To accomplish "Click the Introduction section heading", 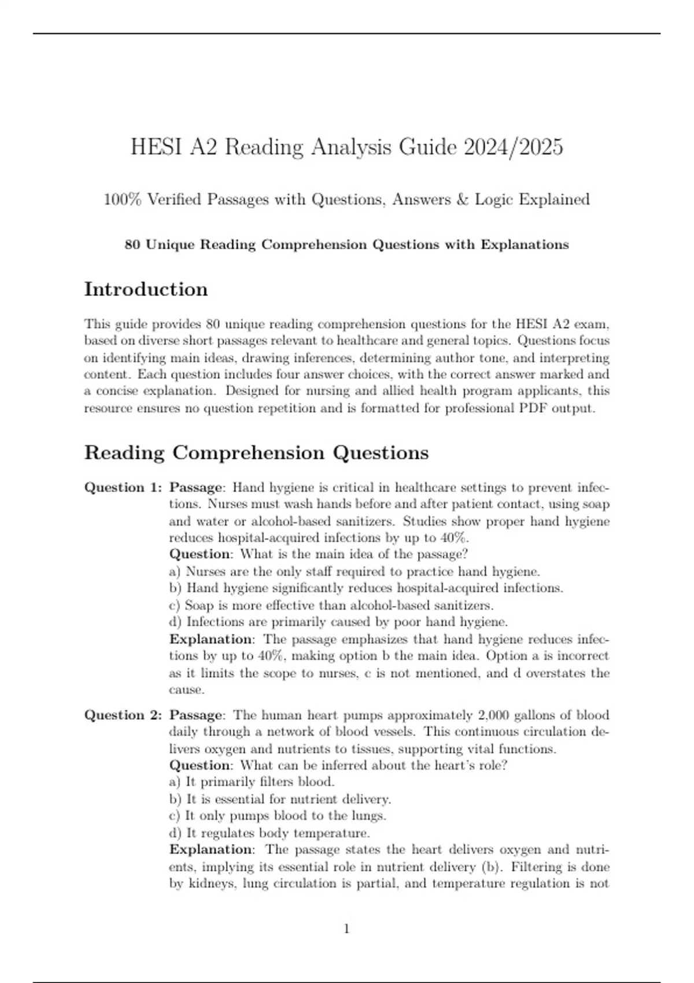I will pyautogui.click(x=146, y=289).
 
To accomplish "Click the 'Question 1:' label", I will pyautogui.click(x=123, y=487).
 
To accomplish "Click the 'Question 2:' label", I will pyautogui.click(x=123, y=715).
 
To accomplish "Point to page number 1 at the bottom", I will pyautogui.click(x=346, y=929).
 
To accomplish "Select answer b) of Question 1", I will pyautogui.click(x=366, y=588).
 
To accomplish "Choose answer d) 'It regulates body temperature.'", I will pyautogui.click(x=270, y=833).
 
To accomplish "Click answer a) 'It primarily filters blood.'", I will pyautogui.click(x=252, y=782).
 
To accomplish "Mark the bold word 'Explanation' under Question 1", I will pyautogui.click(x=211, y=639).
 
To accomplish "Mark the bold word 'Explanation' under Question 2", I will pyautogui.click(x=211, y=849).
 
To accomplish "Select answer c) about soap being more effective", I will pyautogui.click(x=331, y=605).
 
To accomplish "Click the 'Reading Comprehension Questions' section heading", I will pyautogui.click(x=256, y=452).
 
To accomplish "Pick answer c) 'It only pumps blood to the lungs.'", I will pyautogui.click(x=278, y=816).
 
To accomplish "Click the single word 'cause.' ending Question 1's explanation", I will pyautogui.click(x=186, y=690).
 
